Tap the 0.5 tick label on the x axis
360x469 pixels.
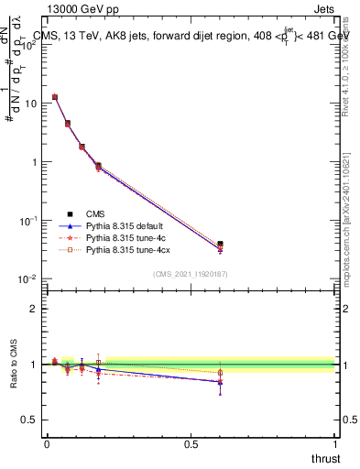(191, 443)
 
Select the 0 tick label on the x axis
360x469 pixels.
(47, 443)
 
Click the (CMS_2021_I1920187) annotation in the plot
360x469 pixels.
(190, 274)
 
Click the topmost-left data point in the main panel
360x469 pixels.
(55, 96)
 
